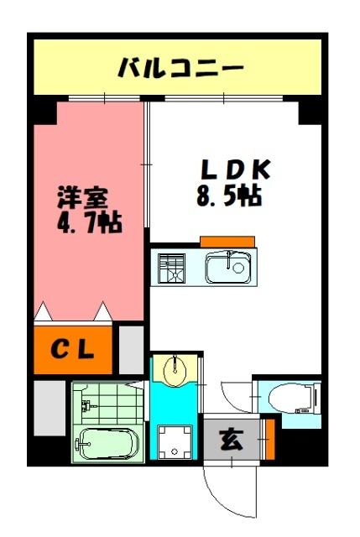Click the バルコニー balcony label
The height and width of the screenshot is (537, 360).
(x=180, y=65)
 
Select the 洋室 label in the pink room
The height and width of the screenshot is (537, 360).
(x=81, y=201)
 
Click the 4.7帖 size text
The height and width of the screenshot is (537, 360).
(x=87, y=224)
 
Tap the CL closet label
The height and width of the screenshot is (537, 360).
(x=74, y=348)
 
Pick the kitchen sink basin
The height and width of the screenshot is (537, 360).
(x=227, y=268)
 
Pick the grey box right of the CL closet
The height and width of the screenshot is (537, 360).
(x=132, y=348)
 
